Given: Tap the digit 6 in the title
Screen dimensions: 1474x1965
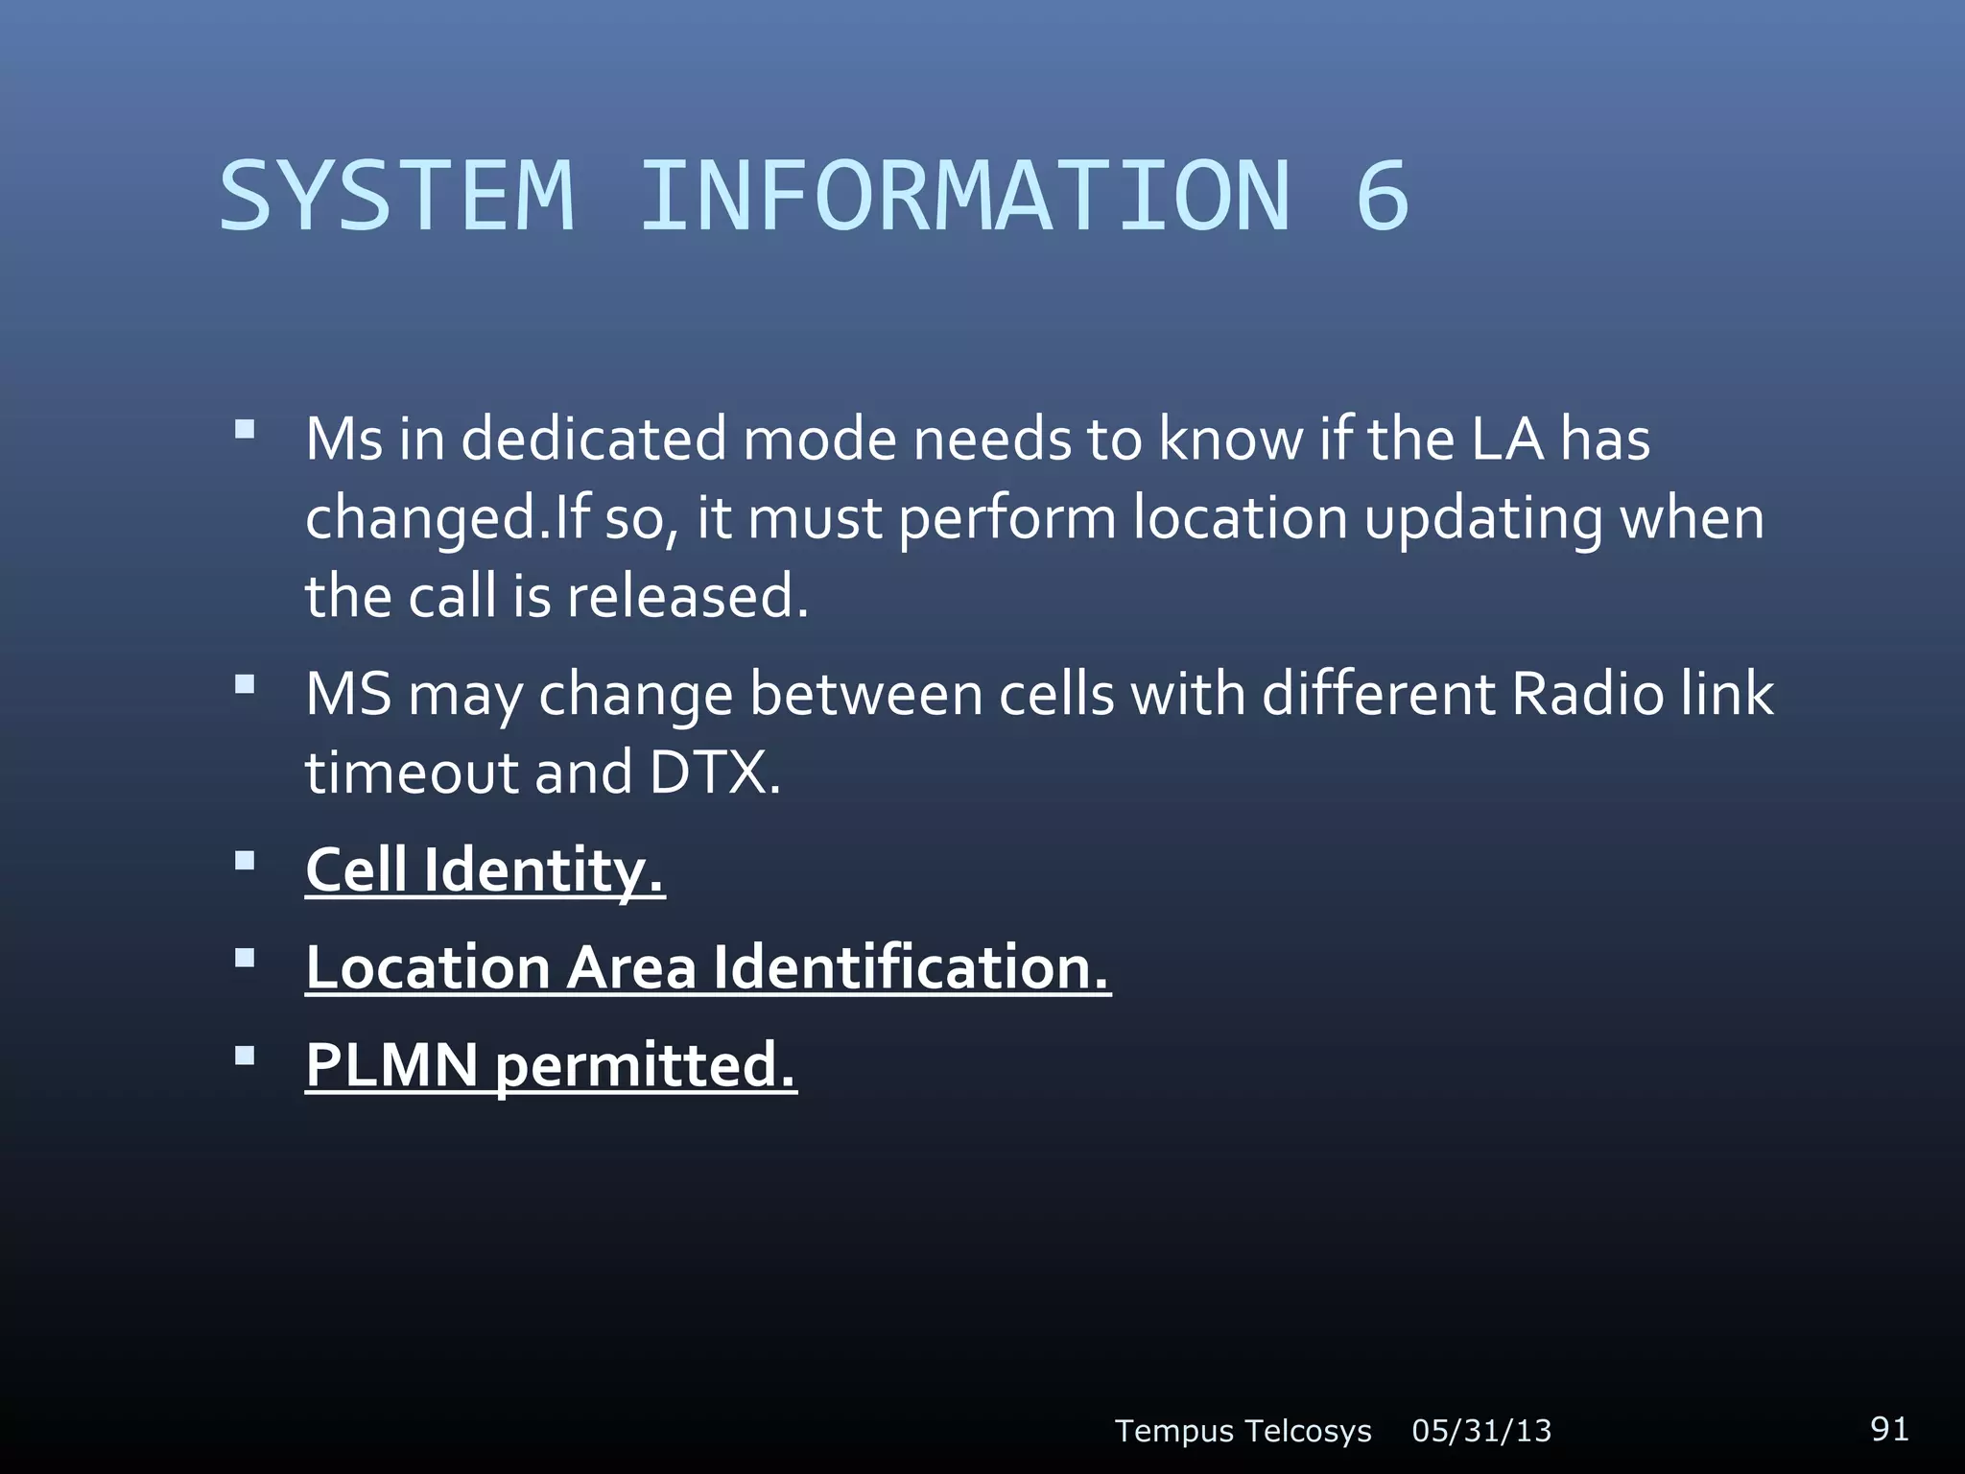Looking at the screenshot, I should coord(1382,197).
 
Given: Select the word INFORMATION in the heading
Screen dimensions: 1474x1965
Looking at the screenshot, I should coord(964,197).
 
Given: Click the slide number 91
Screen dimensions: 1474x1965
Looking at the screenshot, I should coord(1889,1428).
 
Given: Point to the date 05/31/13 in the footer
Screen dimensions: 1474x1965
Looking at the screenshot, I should coord(1481,1431).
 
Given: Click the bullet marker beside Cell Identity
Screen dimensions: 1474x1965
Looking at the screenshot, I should coord(246,860).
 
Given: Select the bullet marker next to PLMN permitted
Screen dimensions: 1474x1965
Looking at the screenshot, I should coord(246,1056).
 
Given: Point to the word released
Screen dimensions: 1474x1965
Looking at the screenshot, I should coord(687,597).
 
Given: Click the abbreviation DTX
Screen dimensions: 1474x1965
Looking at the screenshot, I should coord(715,772).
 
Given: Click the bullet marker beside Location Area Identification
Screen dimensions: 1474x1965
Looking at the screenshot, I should coord(246,958).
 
